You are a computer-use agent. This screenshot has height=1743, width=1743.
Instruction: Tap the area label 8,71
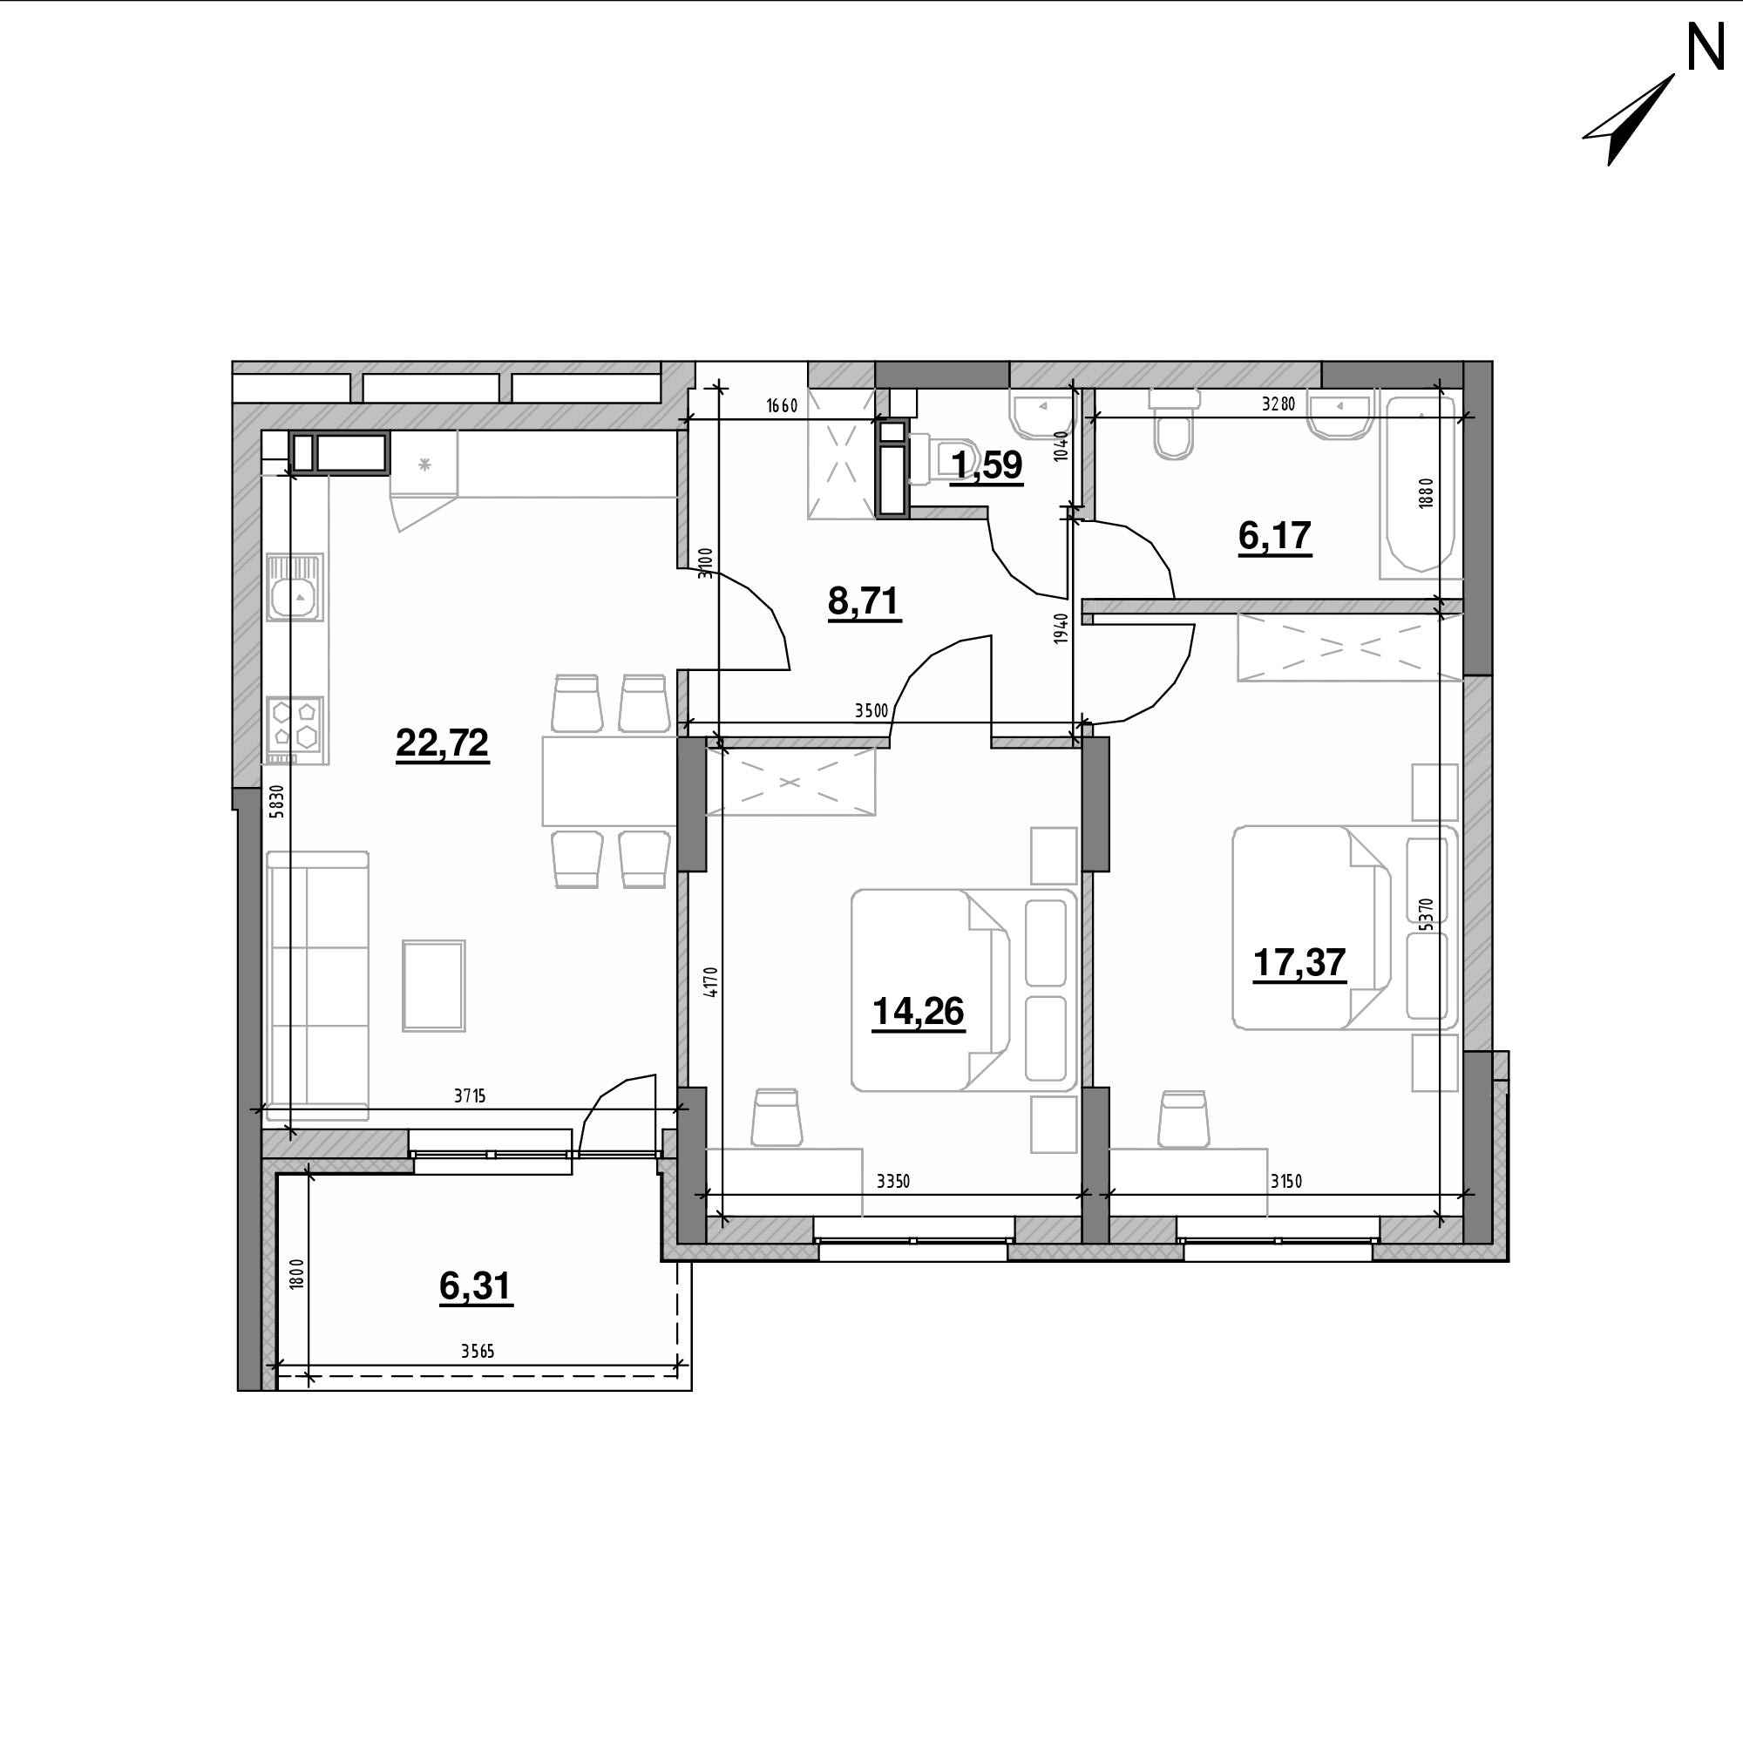click(x=864, y=600)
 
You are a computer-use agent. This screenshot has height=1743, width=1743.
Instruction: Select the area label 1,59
click(x=987, y=465)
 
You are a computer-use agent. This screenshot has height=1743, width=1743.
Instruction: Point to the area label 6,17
click(x=1275, y=536)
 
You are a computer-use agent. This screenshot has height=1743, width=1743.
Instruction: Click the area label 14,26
click(x=919, y=1012)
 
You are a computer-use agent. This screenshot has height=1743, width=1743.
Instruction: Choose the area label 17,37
click(x=1299, y=963)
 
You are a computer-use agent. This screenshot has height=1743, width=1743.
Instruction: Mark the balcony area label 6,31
click(x=476, y=1286)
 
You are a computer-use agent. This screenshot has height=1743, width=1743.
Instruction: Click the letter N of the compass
click(x=1706, y=49)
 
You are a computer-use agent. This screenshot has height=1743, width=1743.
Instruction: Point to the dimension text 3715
click(x=469, y=1096)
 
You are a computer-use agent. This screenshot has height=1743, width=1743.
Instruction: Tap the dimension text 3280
click(x=1278, y=404)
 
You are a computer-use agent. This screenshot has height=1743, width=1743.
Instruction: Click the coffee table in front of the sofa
click(x=434, y=985)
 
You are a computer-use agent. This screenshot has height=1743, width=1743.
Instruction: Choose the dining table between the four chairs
click(x=609, y=781)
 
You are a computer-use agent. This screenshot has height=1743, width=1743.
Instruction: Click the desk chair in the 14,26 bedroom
click(x=777, y=1118)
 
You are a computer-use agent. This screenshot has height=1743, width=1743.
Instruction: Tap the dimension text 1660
click(x=783, y=405)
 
